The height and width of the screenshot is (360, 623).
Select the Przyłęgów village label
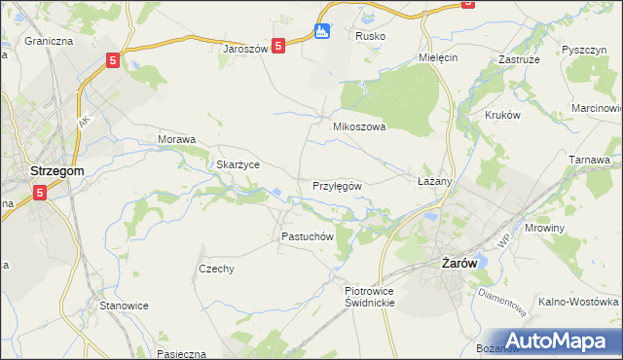pos(338,185)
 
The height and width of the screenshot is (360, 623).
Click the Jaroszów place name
pos(244,48)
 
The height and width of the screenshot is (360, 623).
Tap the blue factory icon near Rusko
pos(323,31)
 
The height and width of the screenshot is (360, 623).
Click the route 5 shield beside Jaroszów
pos(278,45)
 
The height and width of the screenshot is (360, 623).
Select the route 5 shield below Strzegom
pos(40,193)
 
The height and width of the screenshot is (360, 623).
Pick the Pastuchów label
pos(308,236)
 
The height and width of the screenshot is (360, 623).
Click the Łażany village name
pos(435,182)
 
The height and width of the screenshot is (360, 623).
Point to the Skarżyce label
pos(238,164)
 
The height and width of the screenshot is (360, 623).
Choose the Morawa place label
pos(177,139)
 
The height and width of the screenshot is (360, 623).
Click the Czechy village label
pos(216,270)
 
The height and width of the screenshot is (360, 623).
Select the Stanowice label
pos(124,306)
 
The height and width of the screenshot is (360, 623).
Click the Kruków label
pos(503,114)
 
